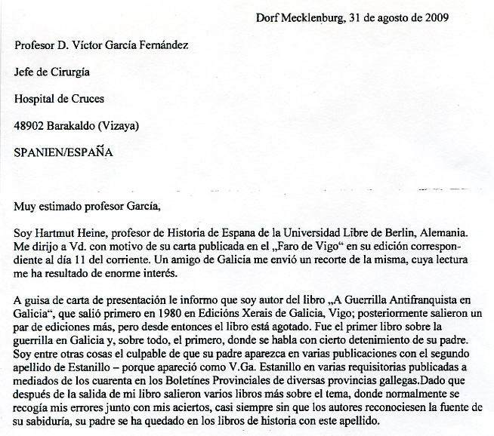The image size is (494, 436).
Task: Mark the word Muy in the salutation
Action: (x=25, y=205)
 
